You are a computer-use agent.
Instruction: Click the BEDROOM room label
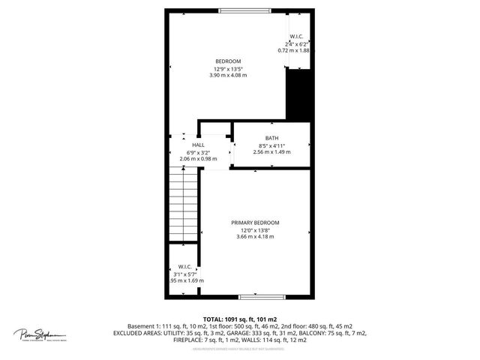coord(228,61)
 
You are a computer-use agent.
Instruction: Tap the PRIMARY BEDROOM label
coord(255,223)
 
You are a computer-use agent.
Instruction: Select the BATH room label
coord(271,138)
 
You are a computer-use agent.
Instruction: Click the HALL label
coord(198,145)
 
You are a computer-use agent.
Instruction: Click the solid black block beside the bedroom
coord(298,94)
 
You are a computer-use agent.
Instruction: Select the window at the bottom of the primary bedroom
coord(256,296)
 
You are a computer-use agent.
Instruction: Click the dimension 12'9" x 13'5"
coord(228,68)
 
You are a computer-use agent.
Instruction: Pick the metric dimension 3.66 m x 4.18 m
coord(255,237)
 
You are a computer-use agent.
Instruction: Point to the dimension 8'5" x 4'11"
coord(271,145)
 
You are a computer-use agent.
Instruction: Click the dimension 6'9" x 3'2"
coord(198,151)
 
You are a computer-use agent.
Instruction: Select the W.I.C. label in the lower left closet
coord(184,266)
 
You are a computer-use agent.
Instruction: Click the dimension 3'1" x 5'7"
coord(184,273)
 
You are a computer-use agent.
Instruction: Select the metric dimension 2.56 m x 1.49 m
coord(271,152)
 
